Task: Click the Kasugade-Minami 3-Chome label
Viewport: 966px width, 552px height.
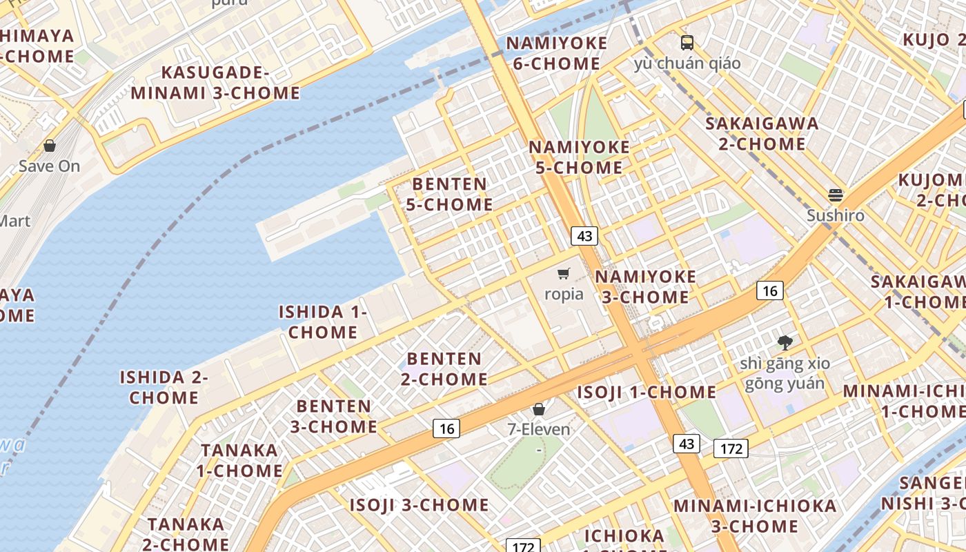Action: coord(216,83)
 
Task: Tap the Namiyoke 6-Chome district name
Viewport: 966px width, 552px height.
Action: coord(557,53)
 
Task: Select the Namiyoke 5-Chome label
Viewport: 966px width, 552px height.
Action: coord(579,157)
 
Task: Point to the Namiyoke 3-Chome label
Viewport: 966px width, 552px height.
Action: coord(645,286)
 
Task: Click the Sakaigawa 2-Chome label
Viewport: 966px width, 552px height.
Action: coord(762,134)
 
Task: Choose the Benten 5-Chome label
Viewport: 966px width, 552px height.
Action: coord(449,194)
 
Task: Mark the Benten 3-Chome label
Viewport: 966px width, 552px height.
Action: coord(333,416)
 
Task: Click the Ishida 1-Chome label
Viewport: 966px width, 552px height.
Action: coord(323,322)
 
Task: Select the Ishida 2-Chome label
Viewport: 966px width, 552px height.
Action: coord(164,387)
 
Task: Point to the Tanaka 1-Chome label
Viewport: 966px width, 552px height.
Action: coord(239,460)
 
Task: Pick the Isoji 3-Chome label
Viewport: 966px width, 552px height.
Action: coord(419,505)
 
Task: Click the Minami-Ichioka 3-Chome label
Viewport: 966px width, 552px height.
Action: coord(755,515)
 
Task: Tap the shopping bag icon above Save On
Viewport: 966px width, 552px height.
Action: coord(50,146)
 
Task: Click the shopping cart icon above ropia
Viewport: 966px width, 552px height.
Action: coord(564,274)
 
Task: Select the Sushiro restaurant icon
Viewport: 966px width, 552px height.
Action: coord(836,195)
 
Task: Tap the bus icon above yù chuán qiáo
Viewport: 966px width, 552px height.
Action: coord(687,43)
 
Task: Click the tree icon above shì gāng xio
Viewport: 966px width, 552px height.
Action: coord(785,342)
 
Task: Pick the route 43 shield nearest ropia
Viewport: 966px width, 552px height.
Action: coord(584,236)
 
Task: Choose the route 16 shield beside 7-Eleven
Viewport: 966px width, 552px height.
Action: coord(447,429)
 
